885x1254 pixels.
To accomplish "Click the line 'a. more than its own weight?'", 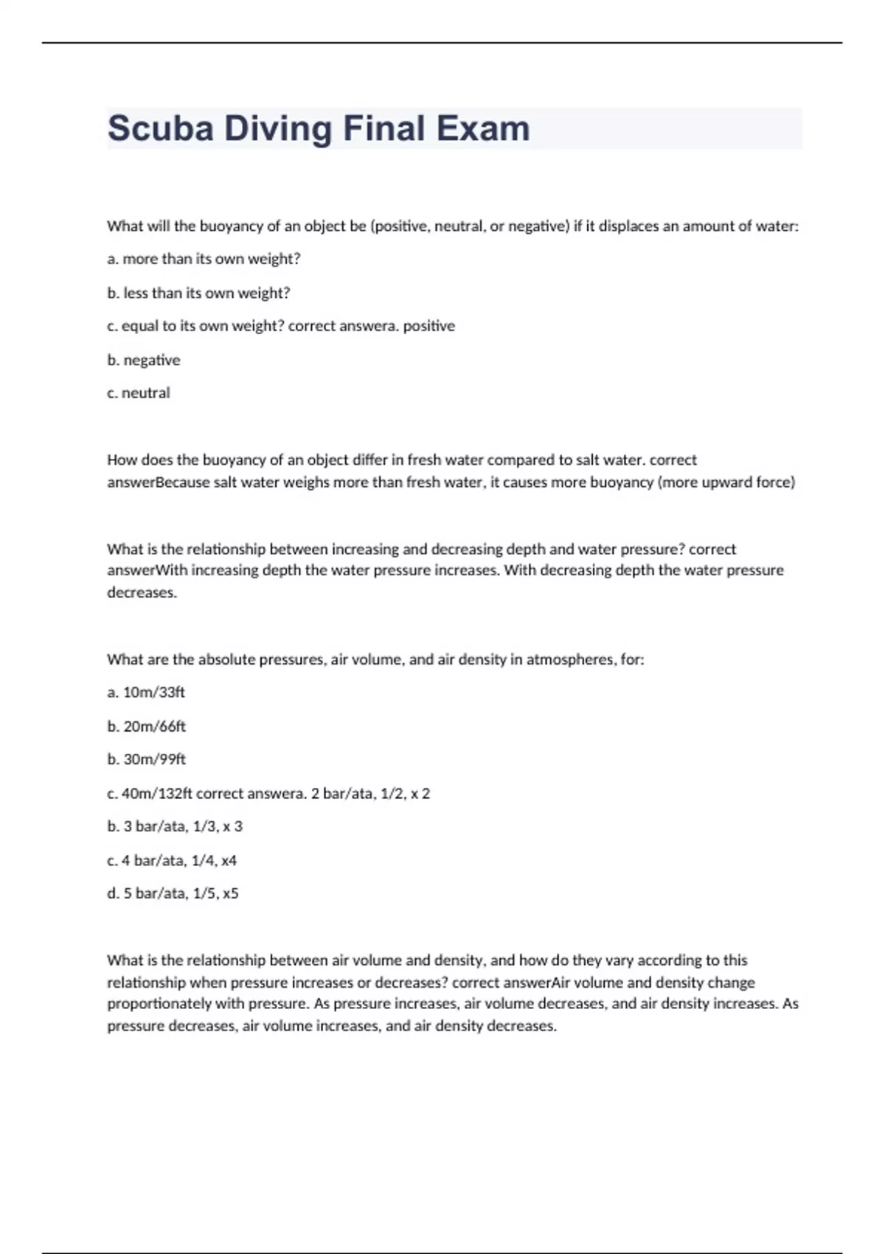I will point(204,259).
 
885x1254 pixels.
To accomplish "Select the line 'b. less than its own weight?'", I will point(198,293).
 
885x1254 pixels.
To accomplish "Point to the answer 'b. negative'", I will point(144,360).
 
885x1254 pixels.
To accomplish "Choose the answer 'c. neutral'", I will point(139,393).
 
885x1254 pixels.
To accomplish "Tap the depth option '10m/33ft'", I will point(154,692).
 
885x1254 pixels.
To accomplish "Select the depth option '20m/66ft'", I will point(155,727).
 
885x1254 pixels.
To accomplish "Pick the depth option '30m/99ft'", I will point(155,759).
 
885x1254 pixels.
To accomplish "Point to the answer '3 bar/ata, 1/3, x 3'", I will point(183,826).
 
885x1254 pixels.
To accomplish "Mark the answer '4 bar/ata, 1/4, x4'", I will point(179,860).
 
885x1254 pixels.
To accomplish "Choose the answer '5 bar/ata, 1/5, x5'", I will point(181,893).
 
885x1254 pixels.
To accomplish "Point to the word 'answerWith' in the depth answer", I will point(147,570).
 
